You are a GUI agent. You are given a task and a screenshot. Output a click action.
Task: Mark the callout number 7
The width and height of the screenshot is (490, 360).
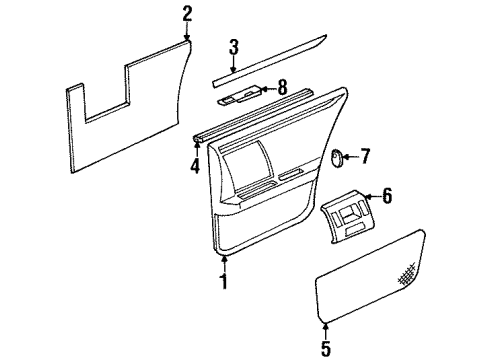coord(364,155)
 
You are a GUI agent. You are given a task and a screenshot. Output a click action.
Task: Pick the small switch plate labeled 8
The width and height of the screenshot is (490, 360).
coord(239,96)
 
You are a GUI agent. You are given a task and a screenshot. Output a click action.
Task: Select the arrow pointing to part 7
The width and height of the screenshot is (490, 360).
coord(352,155)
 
